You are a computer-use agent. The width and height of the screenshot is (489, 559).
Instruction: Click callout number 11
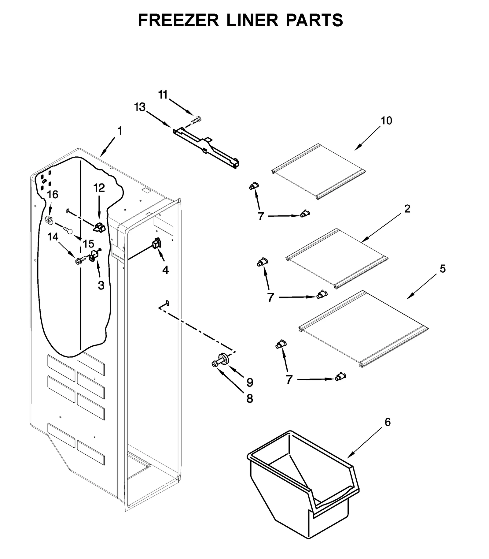click(163, 95)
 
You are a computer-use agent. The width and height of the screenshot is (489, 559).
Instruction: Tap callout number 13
click(140, 107)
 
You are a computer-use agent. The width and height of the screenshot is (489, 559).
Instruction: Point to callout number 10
click(386, 121)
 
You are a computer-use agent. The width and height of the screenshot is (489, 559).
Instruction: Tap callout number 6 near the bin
click(388, 423)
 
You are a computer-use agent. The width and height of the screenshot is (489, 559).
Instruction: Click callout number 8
click(250, 398)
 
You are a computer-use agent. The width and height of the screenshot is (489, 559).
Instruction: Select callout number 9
click(250, 382)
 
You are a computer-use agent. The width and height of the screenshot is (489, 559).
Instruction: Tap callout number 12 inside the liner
click(99, 188)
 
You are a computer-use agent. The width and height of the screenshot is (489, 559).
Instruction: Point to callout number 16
click(52, 194)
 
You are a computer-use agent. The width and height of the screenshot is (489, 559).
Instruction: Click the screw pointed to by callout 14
click(78, 261)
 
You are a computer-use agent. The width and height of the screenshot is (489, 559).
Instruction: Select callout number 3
click(101, 285)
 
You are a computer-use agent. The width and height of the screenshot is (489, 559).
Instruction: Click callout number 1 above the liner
click(120, 131)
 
